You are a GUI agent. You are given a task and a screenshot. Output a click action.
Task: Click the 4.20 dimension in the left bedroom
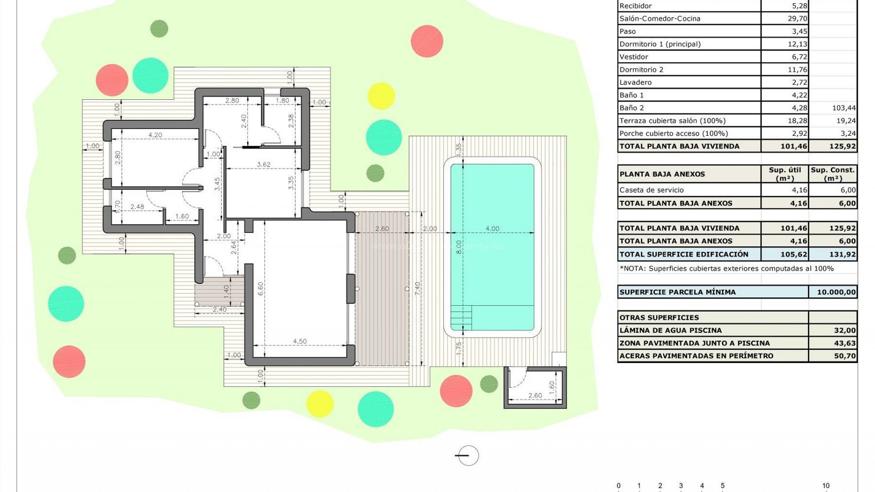tap(155, 135)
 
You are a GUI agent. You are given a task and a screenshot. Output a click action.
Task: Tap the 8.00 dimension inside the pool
tap(459, 247)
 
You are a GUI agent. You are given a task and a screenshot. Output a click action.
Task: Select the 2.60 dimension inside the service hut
tap(535, 395)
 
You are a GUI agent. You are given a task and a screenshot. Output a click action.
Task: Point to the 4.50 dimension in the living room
tap(299, 341)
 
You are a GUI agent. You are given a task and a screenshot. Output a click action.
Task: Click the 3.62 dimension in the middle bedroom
tap(263, 164)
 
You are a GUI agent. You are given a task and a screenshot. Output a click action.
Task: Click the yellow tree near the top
tap(381, 96)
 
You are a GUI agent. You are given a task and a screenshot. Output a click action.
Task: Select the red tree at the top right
tap(427, 41)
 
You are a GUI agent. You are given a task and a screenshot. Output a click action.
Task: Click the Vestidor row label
tap(633, 57)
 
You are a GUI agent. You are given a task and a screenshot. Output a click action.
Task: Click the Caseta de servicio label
tap(651, 190)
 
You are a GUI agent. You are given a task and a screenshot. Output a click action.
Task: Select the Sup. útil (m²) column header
tap(784, 174)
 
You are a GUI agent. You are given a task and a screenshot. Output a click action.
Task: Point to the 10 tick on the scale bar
tap(825, 486)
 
